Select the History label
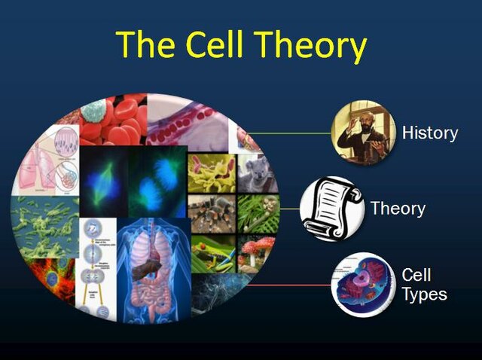(x=429, y=133)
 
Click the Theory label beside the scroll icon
(x=398, y=208)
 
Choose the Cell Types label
(x=424, y=284)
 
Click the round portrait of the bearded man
(x=363, y=133)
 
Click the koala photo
(x=258, y=174)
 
